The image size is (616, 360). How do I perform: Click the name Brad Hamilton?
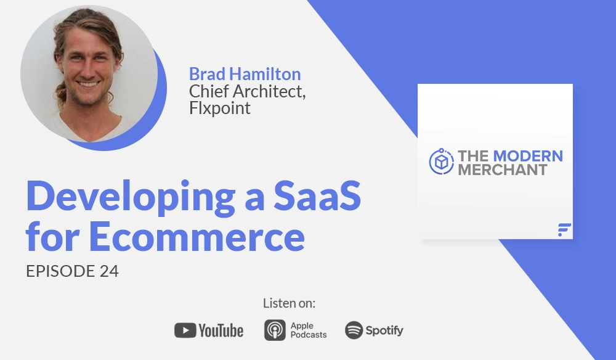pos(245,75)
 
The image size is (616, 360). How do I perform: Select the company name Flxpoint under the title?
pos(220,110)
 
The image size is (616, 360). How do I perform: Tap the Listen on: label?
pos(289,303)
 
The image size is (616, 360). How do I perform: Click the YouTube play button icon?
pos(185,330)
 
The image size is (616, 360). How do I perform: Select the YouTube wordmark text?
pos(221,330)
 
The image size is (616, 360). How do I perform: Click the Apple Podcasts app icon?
pos(275,330)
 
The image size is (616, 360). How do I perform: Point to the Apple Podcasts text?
pos(307,330)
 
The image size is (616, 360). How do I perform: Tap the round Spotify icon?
pos(354,330)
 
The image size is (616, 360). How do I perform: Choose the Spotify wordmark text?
pos(384,330)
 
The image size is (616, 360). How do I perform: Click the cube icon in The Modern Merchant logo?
pos(441,162)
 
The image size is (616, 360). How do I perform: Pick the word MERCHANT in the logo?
pos(502,170)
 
